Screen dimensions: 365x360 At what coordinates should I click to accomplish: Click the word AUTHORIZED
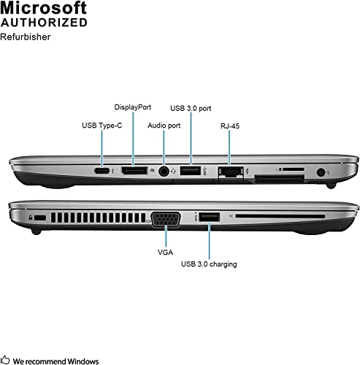pyautogui.click(x=44, y=22)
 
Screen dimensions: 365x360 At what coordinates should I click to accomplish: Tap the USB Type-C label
pyautogui.click(x=102, y=125)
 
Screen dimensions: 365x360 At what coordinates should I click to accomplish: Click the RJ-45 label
pyautogui.click(x=230, y=125)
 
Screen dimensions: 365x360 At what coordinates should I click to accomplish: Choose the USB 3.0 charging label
pyautogui.click(x=209, y=264)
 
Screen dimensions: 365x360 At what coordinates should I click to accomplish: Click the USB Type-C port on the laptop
pyautogui.click(x=102, y=171)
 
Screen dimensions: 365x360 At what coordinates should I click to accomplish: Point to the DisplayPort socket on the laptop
pyautogui.click(x=134, y=171)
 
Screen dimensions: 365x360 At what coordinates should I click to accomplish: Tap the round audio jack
pyautogui.click(x=164, y=172)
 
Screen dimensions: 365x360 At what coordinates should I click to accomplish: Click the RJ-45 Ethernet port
pyautogui.click(x=231, y=172)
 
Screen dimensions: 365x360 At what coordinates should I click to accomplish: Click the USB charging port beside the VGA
pyautogui.click(x=208, y=217)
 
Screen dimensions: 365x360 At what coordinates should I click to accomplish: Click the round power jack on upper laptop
pyautogui.click(x=322, y=172)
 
